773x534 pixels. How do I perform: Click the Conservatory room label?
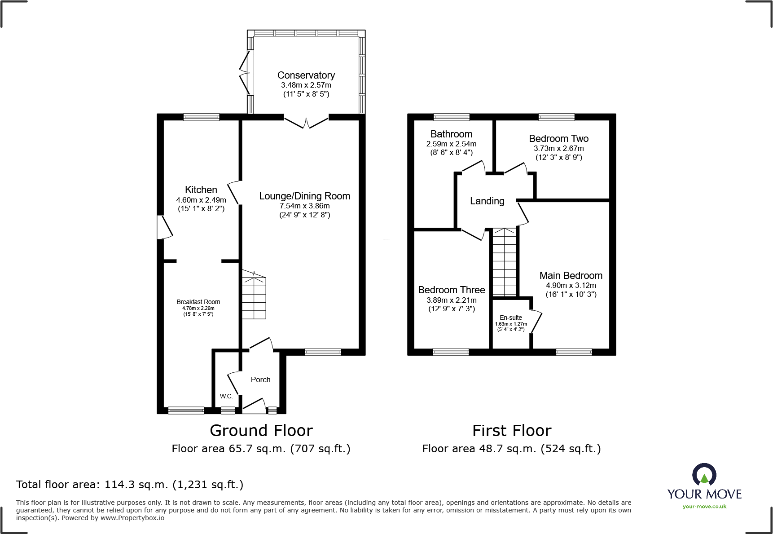[x=306, y=75]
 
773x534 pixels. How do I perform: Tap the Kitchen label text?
[x=201, y=190]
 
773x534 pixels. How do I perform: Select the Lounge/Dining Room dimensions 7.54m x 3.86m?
[x=305, y=206]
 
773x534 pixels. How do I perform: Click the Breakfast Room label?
[x=198, y=302]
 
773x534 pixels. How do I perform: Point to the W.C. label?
[x=226, y=396]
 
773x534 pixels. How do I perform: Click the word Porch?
[x=261, y=380]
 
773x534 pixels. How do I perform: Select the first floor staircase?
[x=505, y=262]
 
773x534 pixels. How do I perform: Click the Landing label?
[x=487, y=201]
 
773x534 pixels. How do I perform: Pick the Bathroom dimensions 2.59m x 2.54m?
[x=451, y=144]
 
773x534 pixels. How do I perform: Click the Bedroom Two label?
[x=559, y=139]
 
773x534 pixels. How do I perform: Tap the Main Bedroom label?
[x=571, y=276]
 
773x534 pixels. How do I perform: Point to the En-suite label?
[x=511, y=318]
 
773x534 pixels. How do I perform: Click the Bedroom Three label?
[x=452, y=290]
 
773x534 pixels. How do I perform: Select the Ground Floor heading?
[x=261, y=431]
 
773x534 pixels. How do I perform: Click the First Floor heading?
[x=512, y=431]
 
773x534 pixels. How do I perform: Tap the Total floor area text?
[x=130, y=485]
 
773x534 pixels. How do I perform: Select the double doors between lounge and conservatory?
[x=306, y=122]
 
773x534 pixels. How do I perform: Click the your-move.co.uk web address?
[x=704, y=507]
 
